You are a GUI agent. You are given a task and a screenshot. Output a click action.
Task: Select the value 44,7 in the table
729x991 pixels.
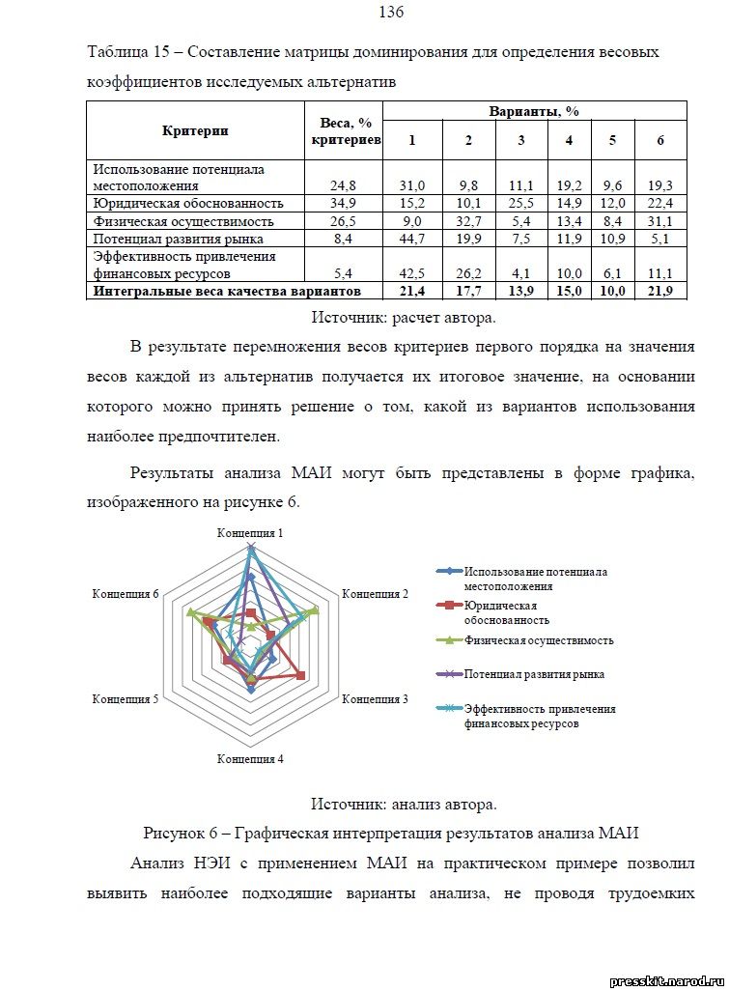point(412,238)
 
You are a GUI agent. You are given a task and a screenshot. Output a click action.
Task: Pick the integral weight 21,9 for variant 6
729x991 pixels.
point(660,290)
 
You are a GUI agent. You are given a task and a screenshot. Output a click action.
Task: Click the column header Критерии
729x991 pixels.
point(196,130)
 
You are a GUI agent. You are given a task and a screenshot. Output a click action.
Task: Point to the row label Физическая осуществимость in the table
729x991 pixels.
point(175,220)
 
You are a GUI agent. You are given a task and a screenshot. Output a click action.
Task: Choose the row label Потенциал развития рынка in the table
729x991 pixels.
point(173,238)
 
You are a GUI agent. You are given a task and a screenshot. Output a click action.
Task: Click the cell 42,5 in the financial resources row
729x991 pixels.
point(412,273)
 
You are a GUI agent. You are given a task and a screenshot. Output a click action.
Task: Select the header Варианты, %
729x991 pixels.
point(534,111)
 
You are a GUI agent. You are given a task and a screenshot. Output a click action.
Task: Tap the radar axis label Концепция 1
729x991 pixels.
point(250,532)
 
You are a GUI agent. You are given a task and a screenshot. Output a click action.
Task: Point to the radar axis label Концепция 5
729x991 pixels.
point(126,697)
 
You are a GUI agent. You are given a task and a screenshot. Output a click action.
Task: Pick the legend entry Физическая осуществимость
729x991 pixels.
point(539,639)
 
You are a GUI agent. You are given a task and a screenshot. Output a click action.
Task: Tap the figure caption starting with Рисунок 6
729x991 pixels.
point(390,833)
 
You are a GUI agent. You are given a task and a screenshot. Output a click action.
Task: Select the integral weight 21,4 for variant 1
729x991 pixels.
point(412,290)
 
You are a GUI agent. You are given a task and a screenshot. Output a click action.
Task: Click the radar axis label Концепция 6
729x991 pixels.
point(126,593)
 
